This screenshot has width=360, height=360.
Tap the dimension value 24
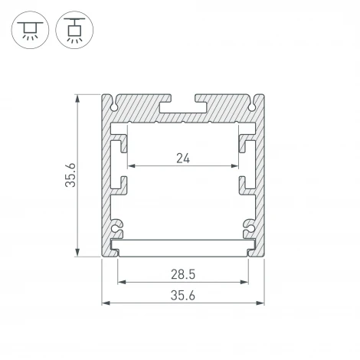(182, 159)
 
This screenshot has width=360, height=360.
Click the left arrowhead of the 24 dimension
(130, 166)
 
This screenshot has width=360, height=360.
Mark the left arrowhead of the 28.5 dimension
(120, 281)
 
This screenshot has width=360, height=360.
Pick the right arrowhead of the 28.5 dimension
(247, 281)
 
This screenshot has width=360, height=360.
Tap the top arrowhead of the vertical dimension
(79, 97)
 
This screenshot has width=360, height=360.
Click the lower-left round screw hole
(116, 227)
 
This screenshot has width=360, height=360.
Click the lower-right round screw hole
(249, 227)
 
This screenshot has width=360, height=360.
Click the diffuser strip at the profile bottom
(183, 247)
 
